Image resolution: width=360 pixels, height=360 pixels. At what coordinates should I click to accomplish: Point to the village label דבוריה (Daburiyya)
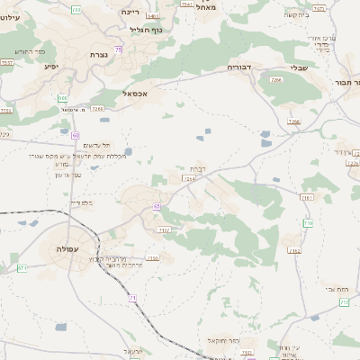point(240,67)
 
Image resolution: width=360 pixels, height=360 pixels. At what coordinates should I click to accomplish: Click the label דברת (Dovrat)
point(198,168)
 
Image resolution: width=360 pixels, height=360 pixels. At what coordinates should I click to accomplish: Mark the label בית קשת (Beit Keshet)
point(320,14)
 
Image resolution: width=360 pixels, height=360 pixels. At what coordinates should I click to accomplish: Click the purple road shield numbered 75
point(119,49)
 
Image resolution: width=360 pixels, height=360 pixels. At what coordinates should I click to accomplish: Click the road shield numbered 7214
point(189,178)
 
